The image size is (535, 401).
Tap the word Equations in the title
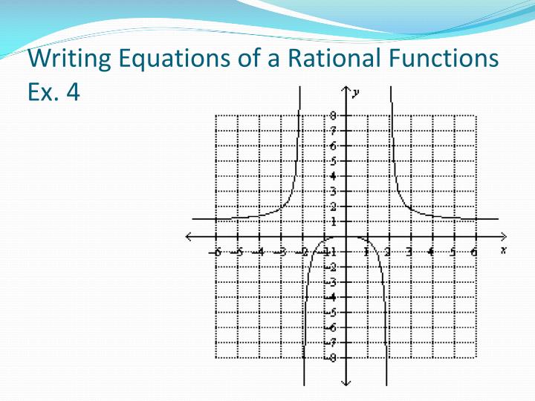click(166, 58)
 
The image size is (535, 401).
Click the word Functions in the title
click(444, 58)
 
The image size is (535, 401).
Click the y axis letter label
click(357, 91)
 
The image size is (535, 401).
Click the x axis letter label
click(503, 250)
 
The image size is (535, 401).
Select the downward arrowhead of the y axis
click(346, 382)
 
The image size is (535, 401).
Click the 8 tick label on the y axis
click(334, 116)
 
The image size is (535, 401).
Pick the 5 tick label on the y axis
click(334, 161)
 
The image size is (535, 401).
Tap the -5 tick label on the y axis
click(333, 312)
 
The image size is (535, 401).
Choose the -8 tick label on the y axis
click(333, 357)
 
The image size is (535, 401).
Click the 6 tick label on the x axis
click(474, 251)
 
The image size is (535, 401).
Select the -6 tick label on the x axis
click(215, 251)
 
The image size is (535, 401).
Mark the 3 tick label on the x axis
click(409, 251)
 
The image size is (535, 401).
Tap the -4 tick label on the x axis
click(258, 251)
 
